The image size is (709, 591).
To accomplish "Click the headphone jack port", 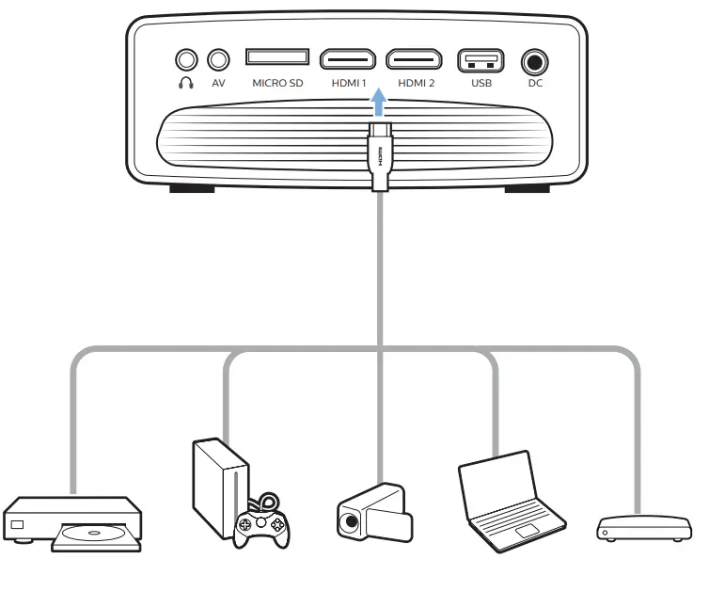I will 186,60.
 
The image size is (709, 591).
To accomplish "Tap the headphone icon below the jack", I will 186,83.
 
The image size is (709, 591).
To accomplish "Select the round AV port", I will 218,60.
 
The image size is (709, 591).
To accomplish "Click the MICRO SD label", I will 277,84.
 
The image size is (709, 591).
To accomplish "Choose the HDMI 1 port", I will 348,60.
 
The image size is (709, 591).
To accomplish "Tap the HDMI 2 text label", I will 416,84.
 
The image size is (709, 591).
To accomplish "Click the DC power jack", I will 535,63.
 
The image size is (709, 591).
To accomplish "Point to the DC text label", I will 535,84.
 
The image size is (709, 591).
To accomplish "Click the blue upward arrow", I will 378,101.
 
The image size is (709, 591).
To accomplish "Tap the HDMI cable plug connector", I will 379,155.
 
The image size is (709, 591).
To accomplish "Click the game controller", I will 261,524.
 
